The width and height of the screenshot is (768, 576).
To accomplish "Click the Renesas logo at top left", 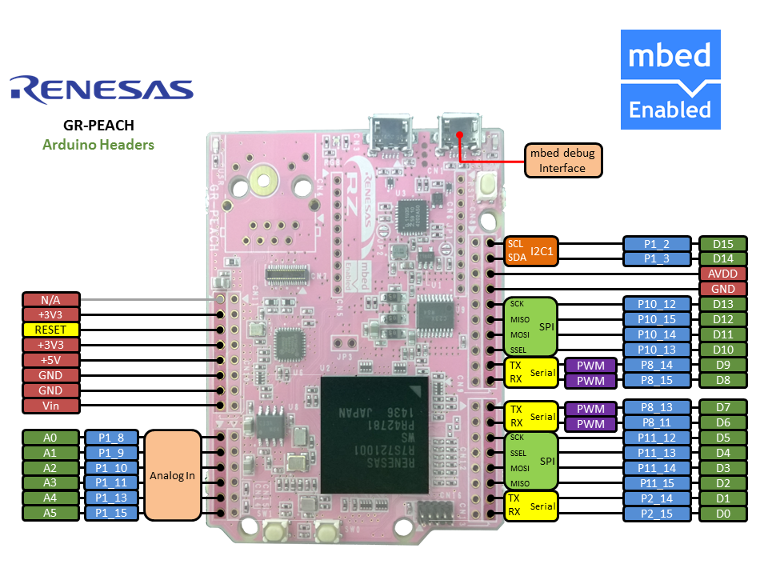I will coord(102,90).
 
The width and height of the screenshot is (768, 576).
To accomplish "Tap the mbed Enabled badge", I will coord(670,79).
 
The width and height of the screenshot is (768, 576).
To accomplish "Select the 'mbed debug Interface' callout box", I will coord(562,160).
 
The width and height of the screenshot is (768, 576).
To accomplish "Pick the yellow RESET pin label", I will coord(51,330).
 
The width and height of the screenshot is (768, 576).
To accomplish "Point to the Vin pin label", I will coord(51,406).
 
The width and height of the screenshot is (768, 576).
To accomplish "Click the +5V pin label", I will coord(51,360).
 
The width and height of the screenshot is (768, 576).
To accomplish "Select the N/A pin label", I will coord(51,300).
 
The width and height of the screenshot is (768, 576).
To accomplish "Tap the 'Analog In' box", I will coord(173,476).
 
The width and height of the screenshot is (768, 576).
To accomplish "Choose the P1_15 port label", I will coord(112,513).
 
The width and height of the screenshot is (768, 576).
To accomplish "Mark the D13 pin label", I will coord(722,304).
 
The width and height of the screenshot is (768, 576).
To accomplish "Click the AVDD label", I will coord(722,274).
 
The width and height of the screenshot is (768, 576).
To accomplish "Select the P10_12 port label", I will coord(657,304).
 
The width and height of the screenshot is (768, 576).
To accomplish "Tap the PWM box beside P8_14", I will coord(590,366).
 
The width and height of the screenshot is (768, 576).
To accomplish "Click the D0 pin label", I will coord(722,513).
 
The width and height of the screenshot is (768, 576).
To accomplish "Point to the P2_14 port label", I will coord(657,498).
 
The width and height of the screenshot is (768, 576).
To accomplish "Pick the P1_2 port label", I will coord(657,244).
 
